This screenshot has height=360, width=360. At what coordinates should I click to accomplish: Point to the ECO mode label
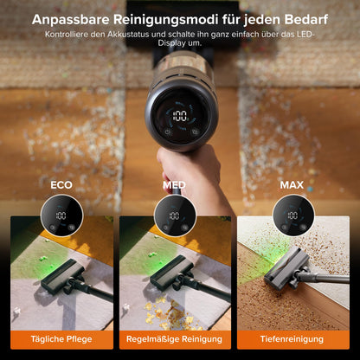click(61, 184)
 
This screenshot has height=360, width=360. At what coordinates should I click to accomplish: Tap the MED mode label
click(174, 184)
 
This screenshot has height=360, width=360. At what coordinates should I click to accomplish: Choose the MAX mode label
click(292, 184)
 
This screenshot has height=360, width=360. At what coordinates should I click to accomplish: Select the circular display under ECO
click(61, 215)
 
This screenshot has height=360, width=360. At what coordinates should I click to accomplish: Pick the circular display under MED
click(174, 215)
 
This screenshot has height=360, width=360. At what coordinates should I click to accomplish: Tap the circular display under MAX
click(292, 215)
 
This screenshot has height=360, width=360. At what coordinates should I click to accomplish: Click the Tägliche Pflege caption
click(61, 340)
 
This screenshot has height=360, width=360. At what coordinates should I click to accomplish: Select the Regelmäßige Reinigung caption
click(177, 340)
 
